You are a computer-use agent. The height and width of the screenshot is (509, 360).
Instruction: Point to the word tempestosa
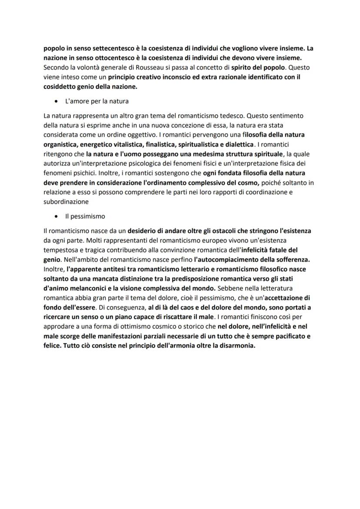coord(62,250)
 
